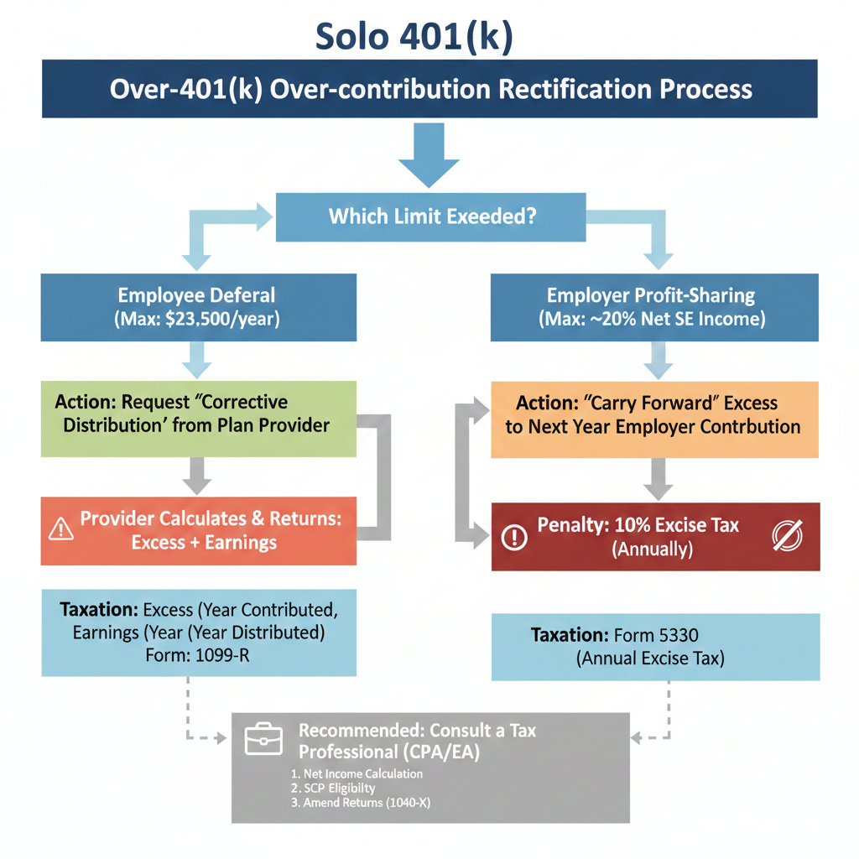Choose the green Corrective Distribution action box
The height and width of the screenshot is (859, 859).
click(x=199, y=419)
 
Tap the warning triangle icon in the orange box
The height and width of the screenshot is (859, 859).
click(x=62, y=528)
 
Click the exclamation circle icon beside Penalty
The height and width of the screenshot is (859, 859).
click(x=513, y=537)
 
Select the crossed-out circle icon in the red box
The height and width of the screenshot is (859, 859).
click(x=786, y=535)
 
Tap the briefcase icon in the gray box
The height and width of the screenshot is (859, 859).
click(x=263, y=740)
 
